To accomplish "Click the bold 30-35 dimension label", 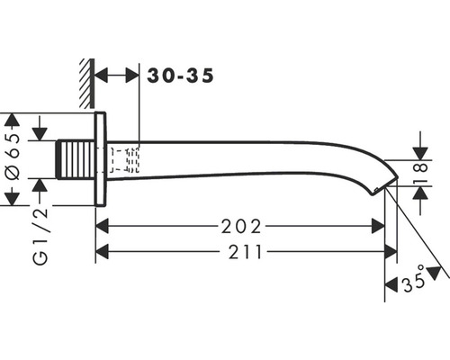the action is [x=181, y=76].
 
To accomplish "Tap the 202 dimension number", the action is [x=241, y=227].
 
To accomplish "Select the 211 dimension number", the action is [x=246, y=252].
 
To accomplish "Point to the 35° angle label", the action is [x=414, y=280].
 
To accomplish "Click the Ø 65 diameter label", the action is [x=13, y=156].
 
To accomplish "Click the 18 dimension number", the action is [x=422, y=174].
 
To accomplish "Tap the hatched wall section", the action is [x=87, y=84].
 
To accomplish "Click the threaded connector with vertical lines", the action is [x=76, y=159].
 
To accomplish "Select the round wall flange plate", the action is [x=101, y=159].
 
